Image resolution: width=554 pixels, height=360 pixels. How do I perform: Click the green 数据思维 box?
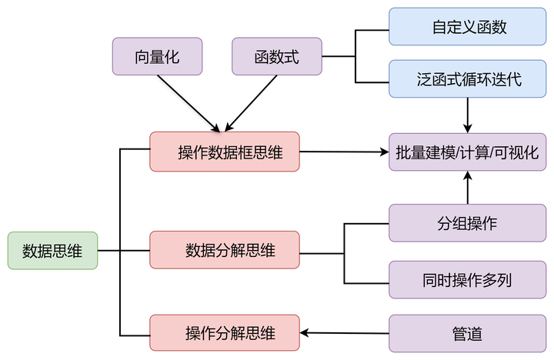[52, 250]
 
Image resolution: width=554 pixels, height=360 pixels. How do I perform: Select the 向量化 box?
[158, 56]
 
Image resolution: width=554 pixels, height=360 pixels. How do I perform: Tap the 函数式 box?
[276, 56]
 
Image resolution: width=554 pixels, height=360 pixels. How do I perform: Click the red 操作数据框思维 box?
[224, 152]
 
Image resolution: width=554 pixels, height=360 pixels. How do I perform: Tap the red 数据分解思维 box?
[224, 250]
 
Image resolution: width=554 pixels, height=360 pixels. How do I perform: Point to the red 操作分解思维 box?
[224, 333]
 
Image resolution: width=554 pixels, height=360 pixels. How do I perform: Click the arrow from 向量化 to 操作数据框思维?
[189, 103]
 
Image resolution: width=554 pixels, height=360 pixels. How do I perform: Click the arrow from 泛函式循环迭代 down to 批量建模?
[467, 114]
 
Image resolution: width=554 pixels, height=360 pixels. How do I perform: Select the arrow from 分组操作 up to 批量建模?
[467, 188]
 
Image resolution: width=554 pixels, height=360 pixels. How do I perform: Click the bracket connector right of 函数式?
[355, 56]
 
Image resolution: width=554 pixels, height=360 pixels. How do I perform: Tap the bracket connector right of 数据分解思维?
[344, 252]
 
